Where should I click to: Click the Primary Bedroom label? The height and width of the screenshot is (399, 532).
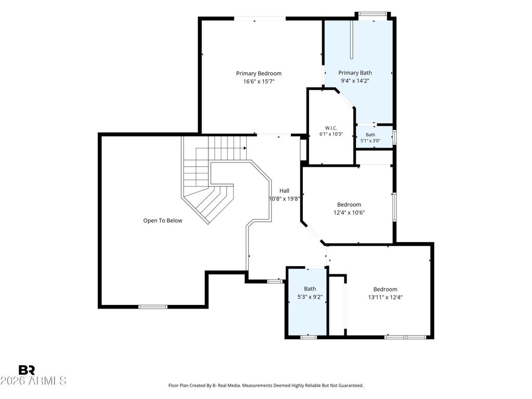point(259,73)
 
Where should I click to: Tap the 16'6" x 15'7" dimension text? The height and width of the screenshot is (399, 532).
point(259,82)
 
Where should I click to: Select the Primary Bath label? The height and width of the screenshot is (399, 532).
point(355,73)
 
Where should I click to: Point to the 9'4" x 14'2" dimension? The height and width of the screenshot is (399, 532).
point(355,81)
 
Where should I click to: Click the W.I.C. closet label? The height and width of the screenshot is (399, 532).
point(331,128)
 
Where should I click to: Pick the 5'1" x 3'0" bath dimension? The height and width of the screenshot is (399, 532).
point(370,140)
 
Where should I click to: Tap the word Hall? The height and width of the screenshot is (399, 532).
point(284,191)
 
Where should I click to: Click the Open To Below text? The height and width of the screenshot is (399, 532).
point(163,220)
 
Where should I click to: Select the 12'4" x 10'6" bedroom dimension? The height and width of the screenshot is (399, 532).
point(349,212)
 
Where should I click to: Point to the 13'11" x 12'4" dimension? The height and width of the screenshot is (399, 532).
point(385,298)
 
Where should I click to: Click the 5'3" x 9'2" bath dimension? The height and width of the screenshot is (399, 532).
point(310,297)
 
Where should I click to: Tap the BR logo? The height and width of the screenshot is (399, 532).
point(26,370)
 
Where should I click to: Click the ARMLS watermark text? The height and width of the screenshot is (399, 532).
point(33,381)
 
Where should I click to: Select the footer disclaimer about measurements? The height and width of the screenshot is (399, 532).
point(266,385)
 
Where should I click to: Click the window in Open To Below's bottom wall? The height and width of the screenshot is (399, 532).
point(153,307)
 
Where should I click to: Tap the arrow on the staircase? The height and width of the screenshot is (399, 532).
point(245,148)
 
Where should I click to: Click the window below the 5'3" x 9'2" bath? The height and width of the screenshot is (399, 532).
point(309,337)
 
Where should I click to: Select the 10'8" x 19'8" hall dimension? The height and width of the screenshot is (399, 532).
point(284,199)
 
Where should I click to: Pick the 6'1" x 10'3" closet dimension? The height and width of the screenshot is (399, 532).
point(331,134)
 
